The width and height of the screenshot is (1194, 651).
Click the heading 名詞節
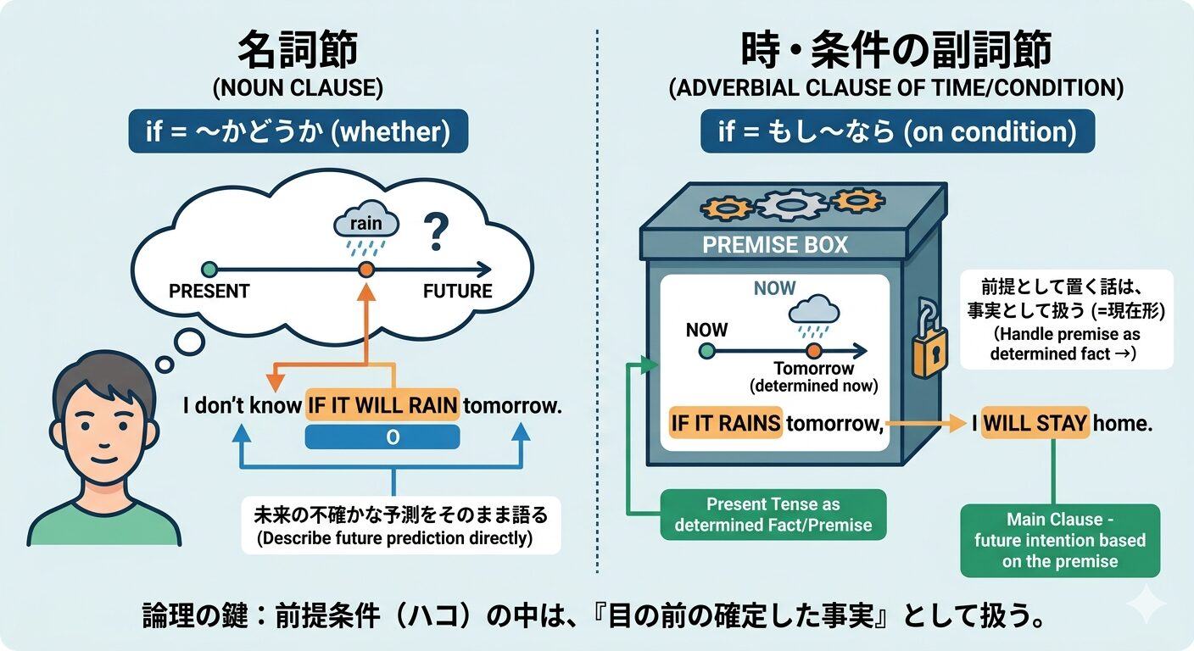click(297, 52)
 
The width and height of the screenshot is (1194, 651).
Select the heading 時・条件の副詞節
click(895, 52)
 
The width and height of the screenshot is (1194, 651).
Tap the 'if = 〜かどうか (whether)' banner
click(298, 131)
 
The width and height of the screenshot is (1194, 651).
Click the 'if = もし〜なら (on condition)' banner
click(897, 131)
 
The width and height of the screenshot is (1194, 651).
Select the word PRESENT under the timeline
click(209, 292)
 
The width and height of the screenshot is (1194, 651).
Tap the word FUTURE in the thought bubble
click(457, 292)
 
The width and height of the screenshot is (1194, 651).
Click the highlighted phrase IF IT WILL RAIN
click(382, 405)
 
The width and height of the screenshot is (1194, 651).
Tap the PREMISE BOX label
click(775, 245)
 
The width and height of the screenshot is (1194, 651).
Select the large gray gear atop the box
click(790, 203)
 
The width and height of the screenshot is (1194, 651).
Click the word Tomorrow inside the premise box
click(813, 370)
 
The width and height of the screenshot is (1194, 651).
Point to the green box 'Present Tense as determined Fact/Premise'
click(773, 515)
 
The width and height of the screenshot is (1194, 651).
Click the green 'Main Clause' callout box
click(1060, 540)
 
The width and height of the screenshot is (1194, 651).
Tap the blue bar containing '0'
click(382, 437)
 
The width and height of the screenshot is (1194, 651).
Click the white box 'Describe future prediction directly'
click(400, 526)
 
